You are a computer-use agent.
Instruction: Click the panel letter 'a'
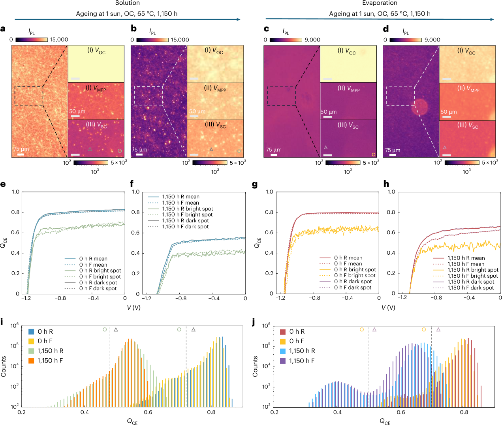[3, 28]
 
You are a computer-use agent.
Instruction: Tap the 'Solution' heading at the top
[128, 3]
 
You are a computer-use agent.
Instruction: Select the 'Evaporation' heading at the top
[380, 3]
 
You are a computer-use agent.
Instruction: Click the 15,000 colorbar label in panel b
[180, 40]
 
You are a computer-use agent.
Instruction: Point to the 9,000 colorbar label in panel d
[432, 40]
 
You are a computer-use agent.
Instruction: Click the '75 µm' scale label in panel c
[274, 150]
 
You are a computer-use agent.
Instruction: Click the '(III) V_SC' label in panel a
[96, 125]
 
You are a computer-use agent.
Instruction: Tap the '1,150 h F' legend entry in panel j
[302, 361]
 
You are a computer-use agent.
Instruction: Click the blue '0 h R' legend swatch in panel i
[31, 332]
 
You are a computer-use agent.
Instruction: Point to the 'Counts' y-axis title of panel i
[4, 366]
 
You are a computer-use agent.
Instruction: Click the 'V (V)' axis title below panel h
[389, 307]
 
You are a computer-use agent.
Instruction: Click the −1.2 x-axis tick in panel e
[27, 299]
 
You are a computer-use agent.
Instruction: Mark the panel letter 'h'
[386, 184]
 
